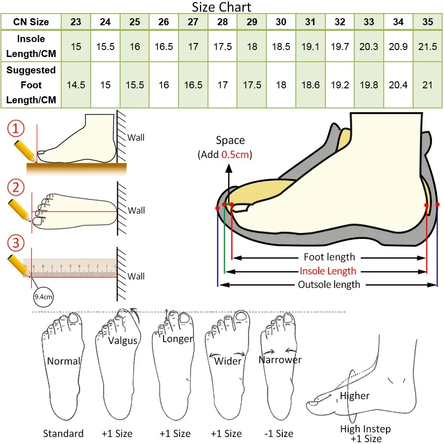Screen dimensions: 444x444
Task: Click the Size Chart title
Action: click(222, 7)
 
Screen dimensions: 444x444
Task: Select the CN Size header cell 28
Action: click(222, 22)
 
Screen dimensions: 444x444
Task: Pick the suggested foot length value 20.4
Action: click(398, 85)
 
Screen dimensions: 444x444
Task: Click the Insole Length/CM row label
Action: click(30, 46)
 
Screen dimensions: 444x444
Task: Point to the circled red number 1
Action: click(17, 129)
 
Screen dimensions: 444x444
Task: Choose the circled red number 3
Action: click(17, 243)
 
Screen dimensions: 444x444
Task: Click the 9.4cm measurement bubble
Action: click(43, 297)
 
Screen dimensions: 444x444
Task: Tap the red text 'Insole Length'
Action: click(328, 271)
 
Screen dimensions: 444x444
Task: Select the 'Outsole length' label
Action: click(329, 285)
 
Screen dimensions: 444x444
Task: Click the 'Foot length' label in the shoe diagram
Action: click(329, 257)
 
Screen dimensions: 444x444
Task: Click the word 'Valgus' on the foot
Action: click(123, 340)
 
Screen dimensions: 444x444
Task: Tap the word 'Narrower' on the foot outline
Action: click(280, 360)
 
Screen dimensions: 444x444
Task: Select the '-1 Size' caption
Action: click(279, 434)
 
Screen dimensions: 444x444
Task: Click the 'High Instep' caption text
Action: click(365, 429)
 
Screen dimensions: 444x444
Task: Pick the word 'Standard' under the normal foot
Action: click(63, 434)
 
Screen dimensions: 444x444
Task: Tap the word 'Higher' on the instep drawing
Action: click(355, 396)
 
